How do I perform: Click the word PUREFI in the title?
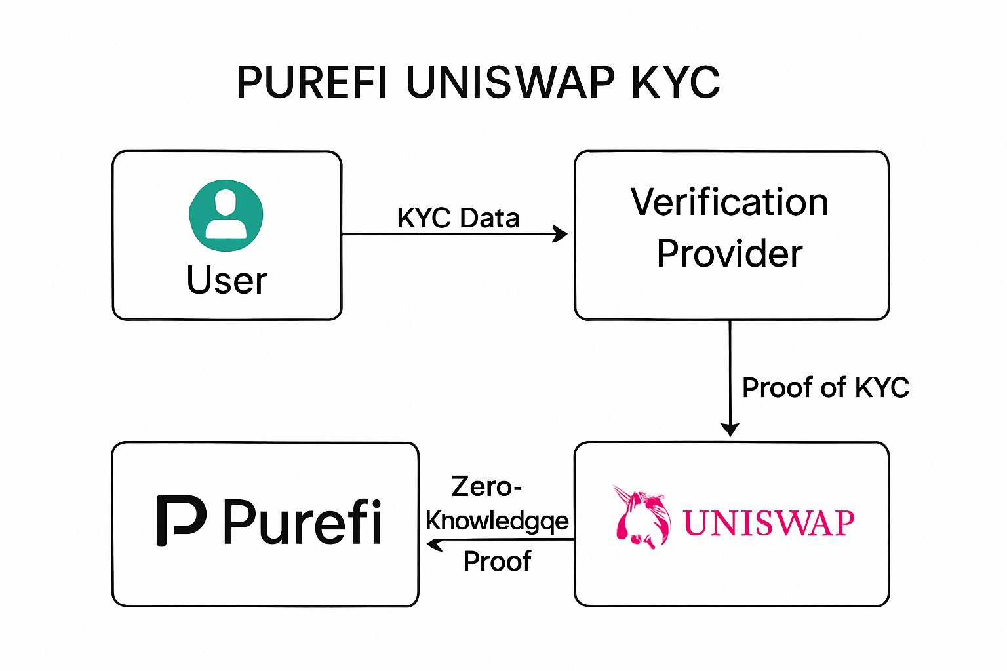[x=311, y=83]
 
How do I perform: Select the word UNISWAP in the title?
[x=511, y=83]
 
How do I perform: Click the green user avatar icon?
[x=226, y=215]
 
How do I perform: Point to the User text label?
[x=227, y=280]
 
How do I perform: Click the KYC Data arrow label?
[x=458, y=218]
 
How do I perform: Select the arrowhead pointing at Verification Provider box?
[x=561, y=233]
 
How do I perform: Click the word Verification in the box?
[x=730, y=202]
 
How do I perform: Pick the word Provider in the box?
[x=730, y=254]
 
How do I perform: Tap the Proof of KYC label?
[x=825, y=387]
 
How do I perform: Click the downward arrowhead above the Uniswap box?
[x=730, y=429]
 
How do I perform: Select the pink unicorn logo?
[x=642, y=517]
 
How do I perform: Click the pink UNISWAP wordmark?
[x=769, y=524]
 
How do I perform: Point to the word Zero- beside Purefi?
[x=486, y=487]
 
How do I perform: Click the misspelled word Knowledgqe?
[x=497, y=521]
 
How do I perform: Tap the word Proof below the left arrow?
[x=497, y=562]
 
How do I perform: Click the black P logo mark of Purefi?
[x=180, y=520]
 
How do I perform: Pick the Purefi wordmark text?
[x=302, y=522]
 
